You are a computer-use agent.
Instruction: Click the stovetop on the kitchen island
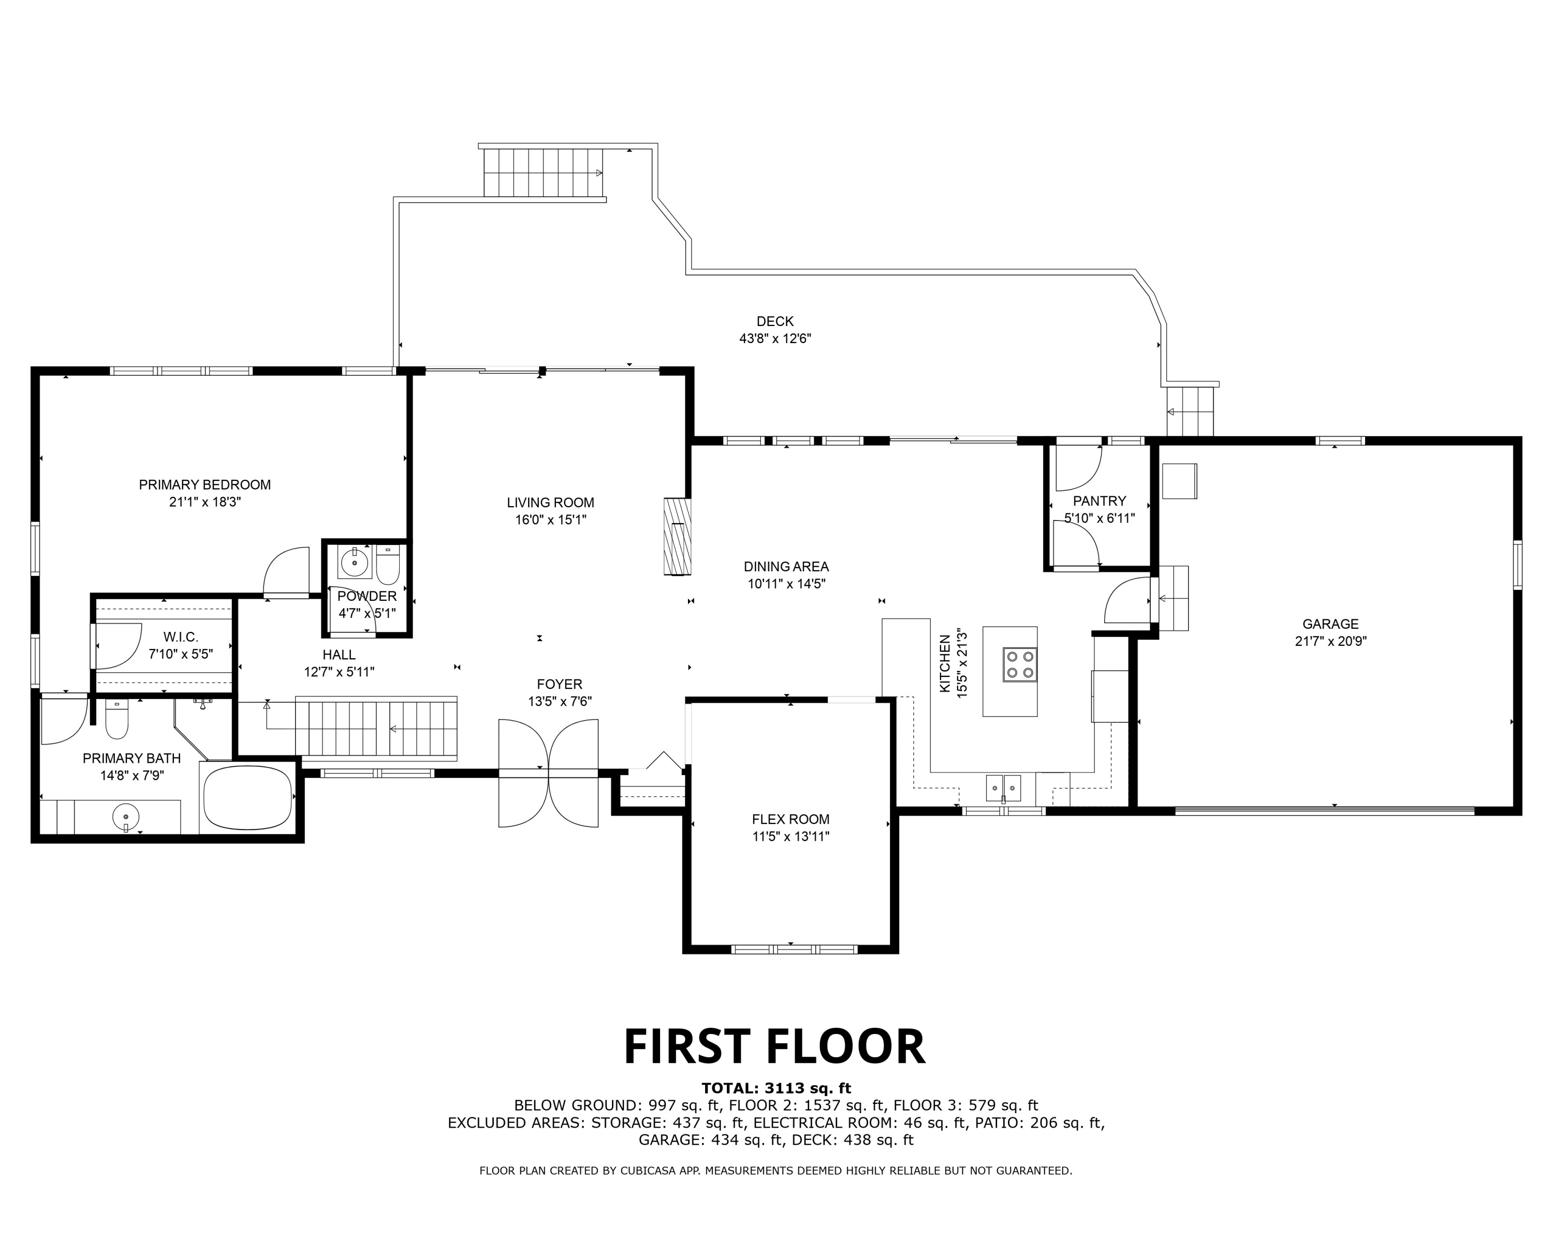point(1020,664)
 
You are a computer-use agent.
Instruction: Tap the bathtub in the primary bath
point(248,797)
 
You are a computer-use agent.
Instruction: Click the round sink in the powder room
point(355,561)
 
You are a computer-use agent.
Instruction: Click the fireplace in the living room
point(677,537)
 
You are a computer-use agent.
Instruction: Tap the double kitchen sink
point(1003,788)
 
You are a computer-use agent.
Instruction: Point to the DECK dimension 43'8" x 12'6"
point(775,338)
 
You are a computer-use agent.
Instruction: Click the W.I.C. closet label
point(180,637)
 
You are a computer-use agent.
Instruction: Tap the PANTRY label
point(1099,500)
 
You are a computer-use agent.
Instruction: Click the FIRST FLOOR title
point(774,1046)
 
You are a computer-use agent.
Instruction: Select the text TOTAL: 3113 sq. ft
point(777,1088)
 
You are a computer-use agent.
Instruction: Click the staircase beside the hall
point(376,729)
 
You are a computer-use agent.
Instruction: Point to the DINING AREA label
point(786,567)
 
